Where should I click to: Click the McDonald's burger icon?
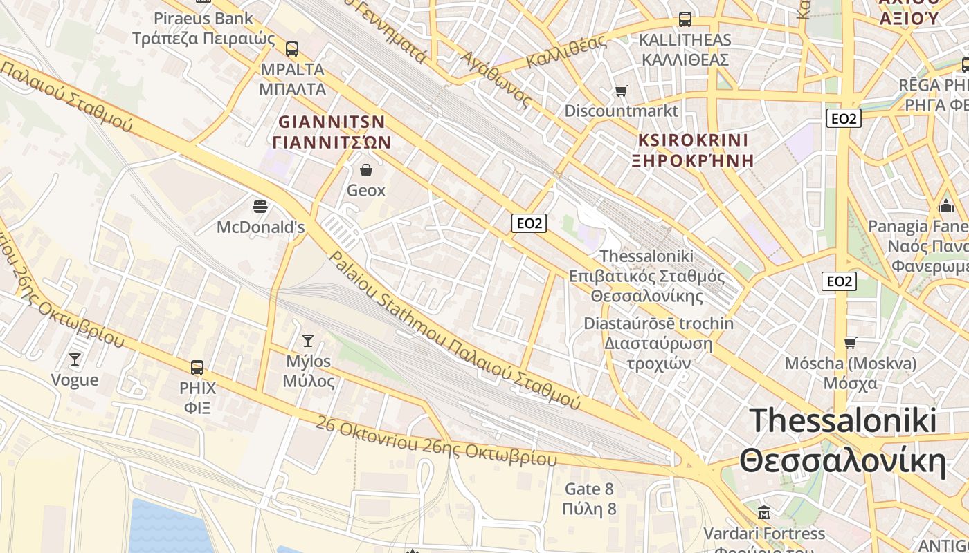(260, 206)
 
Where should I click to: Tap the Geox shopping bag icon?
(366, 169)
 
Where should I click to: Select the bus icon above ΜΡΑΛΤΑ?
(292, 48)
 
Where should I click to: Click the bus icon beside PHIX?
(197, 367)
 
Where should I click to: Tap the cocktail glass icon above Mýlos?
(308, 340)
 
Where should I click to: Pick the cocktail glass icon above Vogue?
(75, 359)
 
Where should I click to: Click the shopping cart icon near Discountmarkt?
(621, 91)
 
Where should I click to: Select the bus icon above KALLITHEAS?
(685, 19)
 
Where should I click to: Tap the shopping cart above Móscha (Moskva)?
(850, 343)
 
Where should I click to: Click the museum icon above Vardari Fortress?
(764, 513)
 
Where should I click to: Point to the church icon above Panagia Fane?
(945, 206)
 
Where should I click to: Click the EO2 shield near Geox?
(529, 223)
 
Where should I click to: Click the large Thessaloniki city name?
(842, 441)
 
